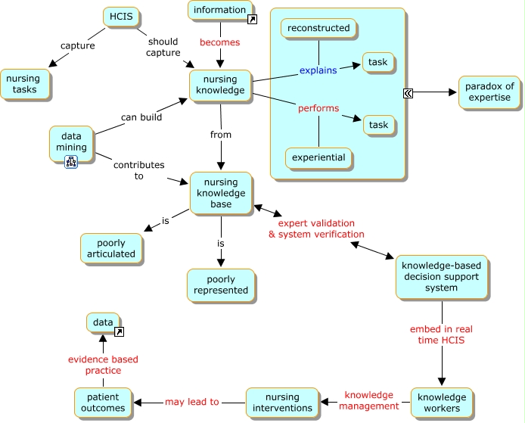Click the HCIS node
(121, 17)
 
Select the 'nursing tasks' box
(25, 84)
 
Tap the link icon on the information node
(252, 20)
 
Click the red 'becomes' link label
(220, 42)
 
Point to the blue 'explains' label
(318, 70)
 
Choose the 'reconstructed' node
(318, 28)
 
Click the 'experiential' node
(318, 157)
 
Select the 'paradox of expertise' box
(489, 92)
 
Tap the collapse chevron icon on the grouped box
(408, 93)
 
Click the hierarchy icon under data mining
(71, 162)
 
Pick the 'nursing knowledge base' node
(221, 193)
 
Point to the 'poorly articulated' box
(111, 248)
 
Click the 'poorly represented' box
(221, 285)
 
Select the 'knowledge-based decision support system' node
(441, 277)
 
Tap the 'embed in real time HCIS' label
(441, 334)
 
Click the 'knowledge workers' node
(442, 403)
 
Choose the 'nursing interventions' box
(282, 403)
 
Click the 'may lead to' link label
(192, 402)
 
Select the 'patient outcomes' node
(103, 403)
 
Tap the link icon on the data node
(120, 331)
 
